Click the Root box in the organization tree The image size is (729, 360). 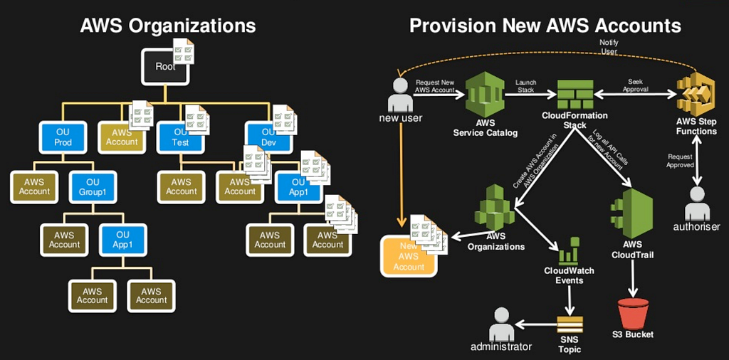tap(165, 66)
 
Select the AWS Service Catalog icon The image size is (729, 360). tap(485, 98)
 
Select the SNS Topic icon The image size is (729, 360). tap(570, 324)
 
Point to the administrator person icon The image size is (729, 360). tap(501, 324)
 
